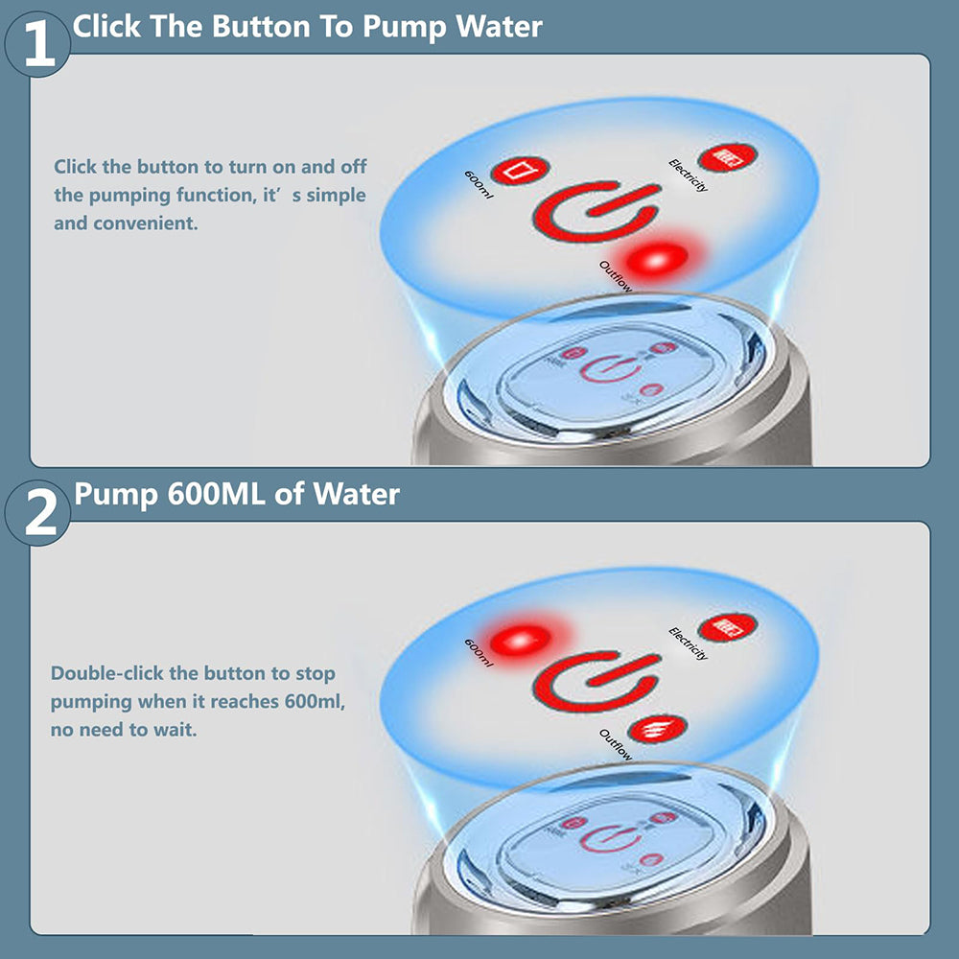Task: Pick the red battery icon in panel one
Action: click(x=727, y=157)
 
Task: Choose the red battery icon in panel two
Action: click(x=727, y=627)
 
